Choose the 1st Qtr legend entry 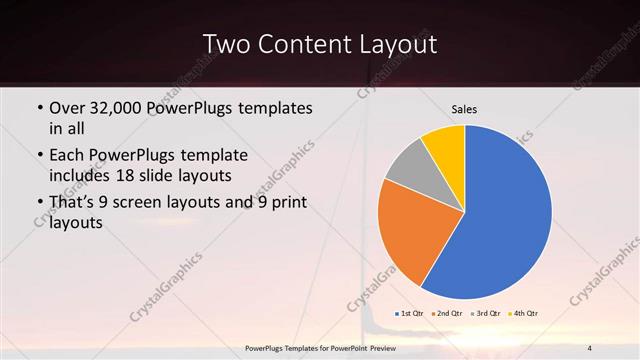coord(411,314)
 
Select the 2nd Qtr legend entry coord(447,314)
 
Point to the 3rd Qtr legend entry coord(485,314)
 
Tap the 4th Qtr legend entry coord(523,314)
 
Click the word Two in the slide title coord(227,45)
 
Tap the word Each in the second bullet coord(66,157)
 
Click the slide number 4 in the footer coord(590,348)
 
